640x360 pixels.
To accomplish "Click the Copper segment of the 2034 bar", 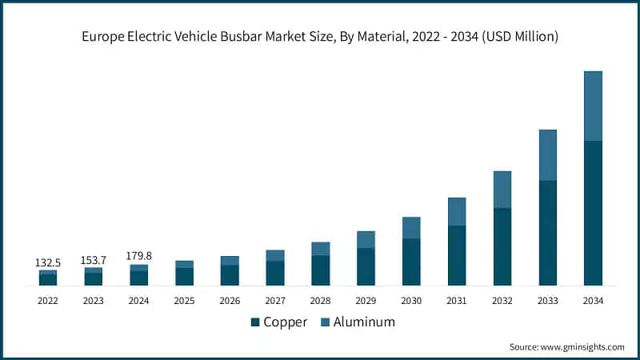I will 593,213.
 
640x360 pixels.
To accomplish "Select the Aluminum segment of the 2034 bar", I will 593,106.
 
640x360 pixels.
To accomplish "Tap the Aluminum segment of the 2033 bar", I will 547,154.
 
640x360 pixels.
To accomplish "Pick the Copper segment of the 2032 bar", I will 502,246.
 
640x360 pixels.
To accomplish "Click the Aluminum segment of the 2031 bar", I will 457,211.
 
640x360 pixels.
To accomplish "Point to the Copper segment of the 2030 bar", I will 411,262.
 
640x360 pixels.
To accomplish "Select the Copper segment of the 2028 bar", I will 320,270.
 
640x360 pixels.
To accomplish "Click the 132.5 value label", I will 47,262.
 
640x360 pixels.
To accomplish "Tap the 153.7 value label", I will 93,260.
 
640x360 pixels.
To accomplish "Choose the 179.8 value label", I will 138,256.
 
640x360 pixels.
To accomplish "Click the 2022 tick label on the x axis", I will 47,301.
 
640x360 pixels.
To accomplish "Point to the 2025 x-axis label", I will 184,301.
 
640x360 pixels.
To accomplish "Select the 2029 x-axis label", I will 366,301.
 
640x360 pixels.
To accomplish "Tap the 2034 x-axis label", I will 593,301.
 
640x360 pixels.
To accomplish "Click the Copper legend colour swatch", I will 255,322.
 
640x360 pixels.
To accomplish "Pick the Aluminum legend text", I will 365,322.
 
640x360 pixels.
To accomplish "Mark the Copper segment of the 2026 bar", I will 230,275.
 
